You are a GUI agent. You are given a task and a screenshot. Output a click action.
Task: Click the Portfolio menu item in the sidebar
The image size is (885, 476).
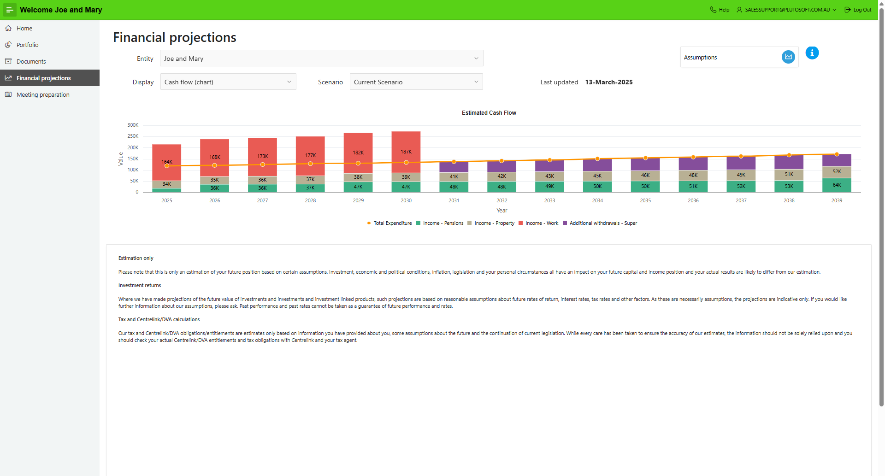[x=27, y=45]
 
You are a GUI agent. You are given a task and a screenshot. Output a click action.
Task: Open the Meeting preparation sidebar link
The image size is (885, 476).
[x=43, y=94]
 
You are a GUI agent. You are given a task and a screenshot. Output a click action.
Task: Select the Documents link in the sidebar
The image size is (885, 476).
[x=31, y=61]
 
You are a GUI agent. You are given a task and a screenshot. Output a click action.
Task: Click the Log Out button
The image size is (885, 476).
[x=858, y=10]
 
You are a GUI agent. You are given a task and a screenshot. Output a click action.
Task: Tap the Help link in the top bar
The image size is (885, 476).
[x=720, y=10]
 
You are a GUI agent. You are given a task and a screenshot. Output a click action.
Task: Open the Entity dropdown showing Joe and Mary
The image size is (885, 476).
[x=321, y=59]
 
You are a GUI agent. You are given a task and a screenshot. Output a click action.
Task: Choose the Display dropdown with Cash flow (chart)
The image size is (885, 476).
[x=228, y=82]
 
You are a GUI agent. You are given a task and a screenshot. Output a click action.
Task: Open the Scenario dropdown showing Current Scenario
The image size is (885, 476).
[x=416, y=82]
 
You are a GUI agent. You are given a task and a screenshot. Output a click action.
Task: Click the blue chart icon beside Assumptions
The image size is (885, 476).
[x=788, y=57]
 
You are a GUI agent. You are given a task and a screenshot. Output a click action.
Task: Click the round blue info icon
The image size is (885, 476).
[x=812, y=53]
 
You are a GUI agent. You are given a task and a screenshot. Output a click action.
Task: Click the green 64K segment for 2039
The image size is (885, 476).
[x=837, y=185]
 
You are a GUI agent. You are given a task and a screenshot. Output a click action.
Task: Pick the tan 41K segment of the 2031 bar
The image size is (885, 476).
[x=454, y=176]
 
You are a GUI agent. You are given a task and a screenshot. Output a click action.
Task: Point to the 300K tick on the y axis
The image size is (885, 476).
[x=133, y=125]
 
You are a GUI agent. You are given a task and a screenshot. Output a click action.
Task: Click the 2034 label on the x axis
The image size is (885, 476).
[x=597, y=200]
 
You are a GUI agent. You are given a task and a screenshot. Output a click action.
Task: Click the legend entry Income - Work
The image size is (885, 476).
[x=541, y=223]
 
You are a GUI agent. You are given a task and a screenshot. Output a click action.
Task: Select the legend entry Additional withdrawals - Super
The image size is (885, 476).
[x=602, y=223]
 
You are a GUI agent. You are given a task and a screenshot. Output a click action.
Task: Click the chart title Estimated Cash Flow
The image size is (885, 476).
[x=489, y=113]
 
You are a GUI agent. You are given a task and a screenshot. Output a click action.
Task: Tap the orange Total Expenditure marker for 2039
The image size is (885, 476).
[x=837, y=154]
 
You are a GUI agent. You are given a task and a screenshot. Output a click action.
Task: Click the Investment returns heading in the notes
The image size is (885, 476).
[x=140, y=285]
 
